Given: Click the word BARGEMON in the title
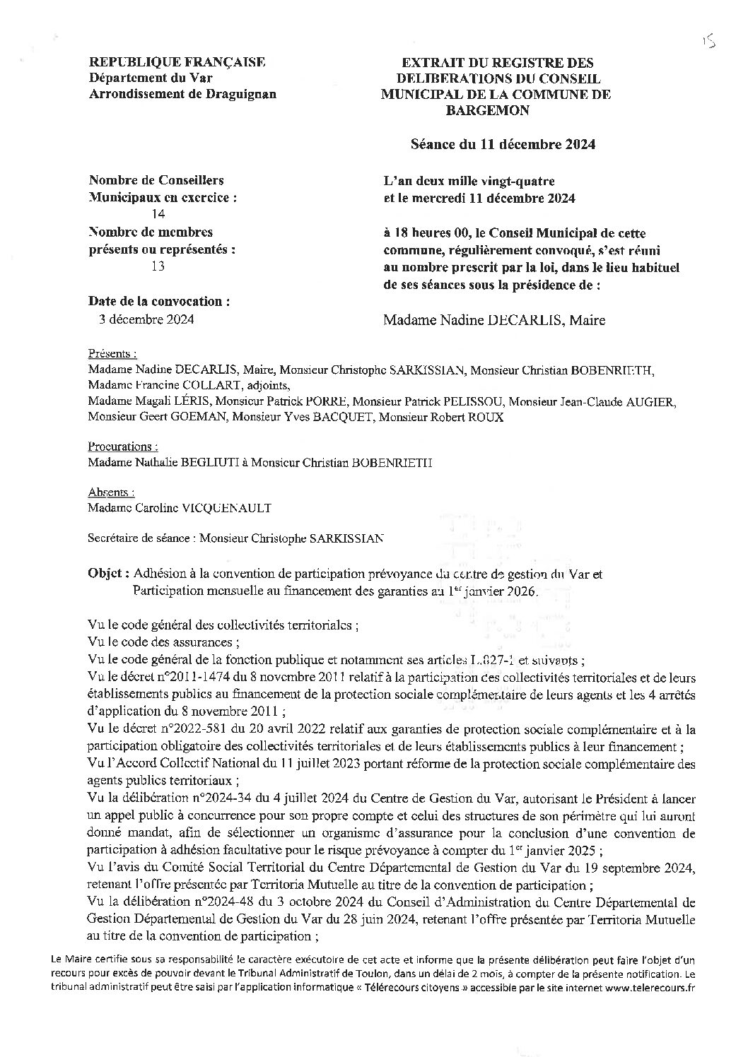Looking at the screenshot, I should pos(496,110).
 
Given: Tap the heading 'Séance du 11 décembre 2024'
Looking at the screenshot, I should pos(503,144).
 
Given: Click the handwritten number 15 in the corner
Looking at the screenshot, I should pos(709,43).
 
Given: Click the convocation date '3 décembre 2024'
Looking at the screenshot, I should pos(146,319).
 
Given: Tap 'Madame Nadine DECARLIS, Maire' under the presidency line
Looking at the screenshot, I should pos(494,320).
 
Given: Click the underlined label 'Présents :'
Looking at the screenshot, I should pos(112,353).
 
